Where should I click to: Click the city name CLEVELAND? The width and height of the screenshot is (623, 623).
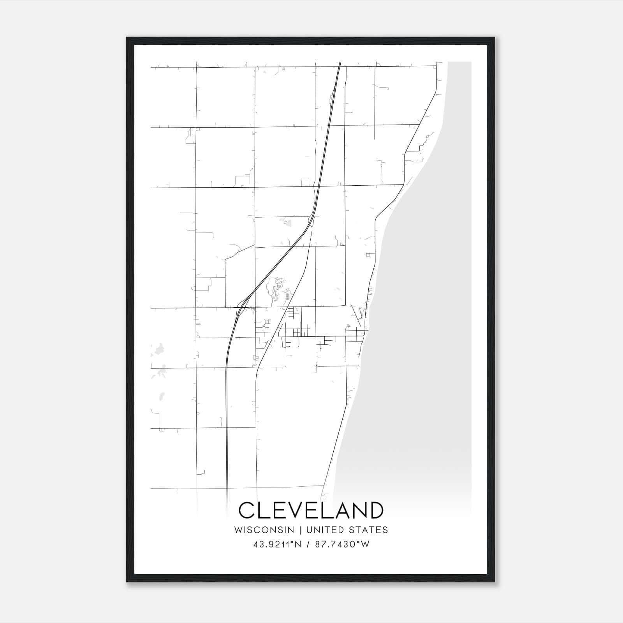(x=311, y=510)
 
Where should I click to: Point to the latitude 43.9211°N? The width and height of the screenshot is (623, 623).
(x=277, y=544)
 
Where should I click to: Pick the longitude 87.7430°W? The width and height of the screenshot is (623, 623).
(x=342, y=544)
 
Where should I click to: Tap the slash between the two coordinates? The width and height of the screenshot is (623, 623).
(x=308, y=544)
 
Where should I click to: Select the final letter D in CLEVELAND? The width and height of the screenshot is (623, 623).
(x=375, y=510)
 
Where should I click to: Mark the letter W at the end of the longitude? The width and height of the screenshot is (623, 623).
(x=365, y=544)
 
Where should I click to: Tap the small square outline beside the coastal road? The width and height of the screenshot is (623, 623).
(x=368, y=255)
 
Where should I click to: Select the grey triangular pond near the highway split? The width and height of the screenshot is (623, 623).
(x=289, y=223)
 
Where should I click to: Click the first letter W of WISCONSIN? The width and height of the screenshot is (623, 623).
(x=238, y=530)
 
